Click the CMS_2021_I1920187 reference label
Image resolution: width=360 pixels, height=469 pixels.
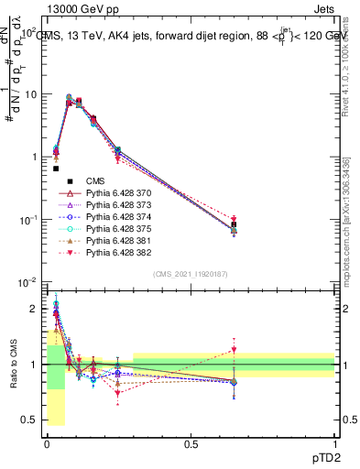(x=189, y=274)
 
